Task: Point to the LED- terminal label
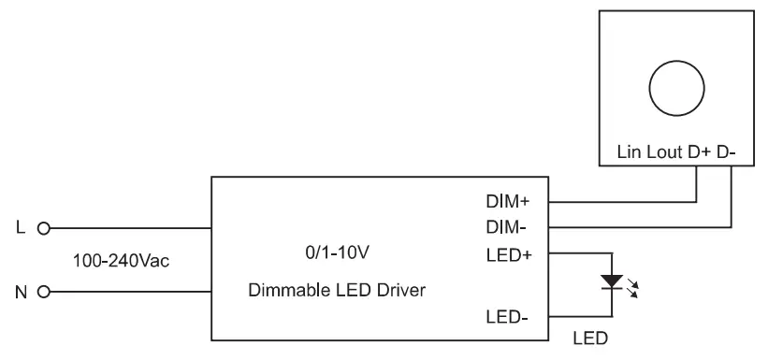pyautogui.click(x=507, y=318)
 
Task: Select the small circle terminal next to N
pyautogui.click(x=42, y=291)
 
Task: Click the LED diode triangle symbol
pyautogui.click(x=612, y=281)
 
